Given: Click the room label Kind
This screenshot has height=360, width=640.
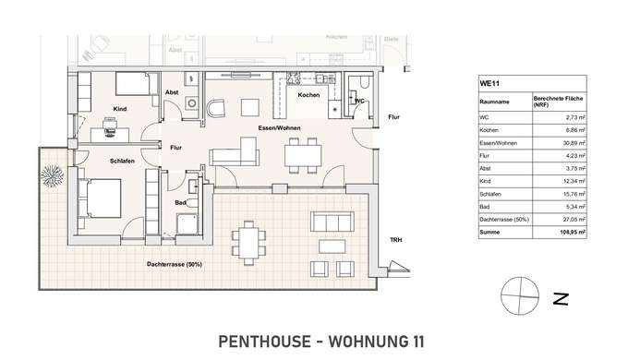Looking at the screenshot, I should [x=118, y=109].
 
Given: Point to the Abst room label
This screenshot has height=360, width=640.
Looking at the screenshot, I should [x=172, y=93].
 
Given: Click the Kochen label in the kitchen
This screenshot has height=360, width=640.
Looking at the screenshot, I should [x=308, y=95].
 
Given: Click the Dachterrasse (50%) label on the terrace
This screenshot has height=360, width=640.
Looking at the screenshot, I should [x=175, y=264].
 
